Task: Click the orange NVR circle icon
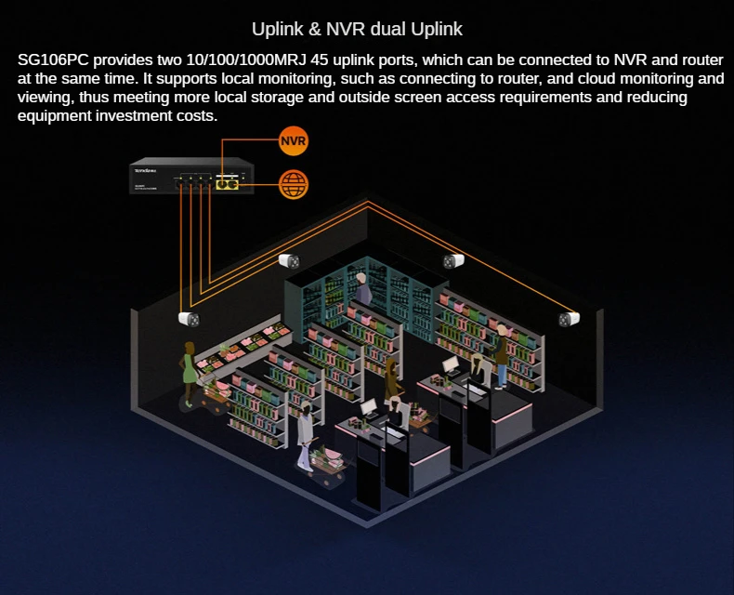293,142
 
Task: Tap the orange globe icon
293,183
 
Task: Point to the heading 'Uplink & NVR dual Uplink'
358,29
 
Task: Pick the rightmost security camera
569,319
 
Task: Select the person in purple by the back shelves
362,291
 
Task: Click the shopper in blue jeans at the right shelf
503,358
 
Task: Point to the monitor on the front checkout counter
369,408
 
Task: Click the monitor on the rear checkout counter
451,365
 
